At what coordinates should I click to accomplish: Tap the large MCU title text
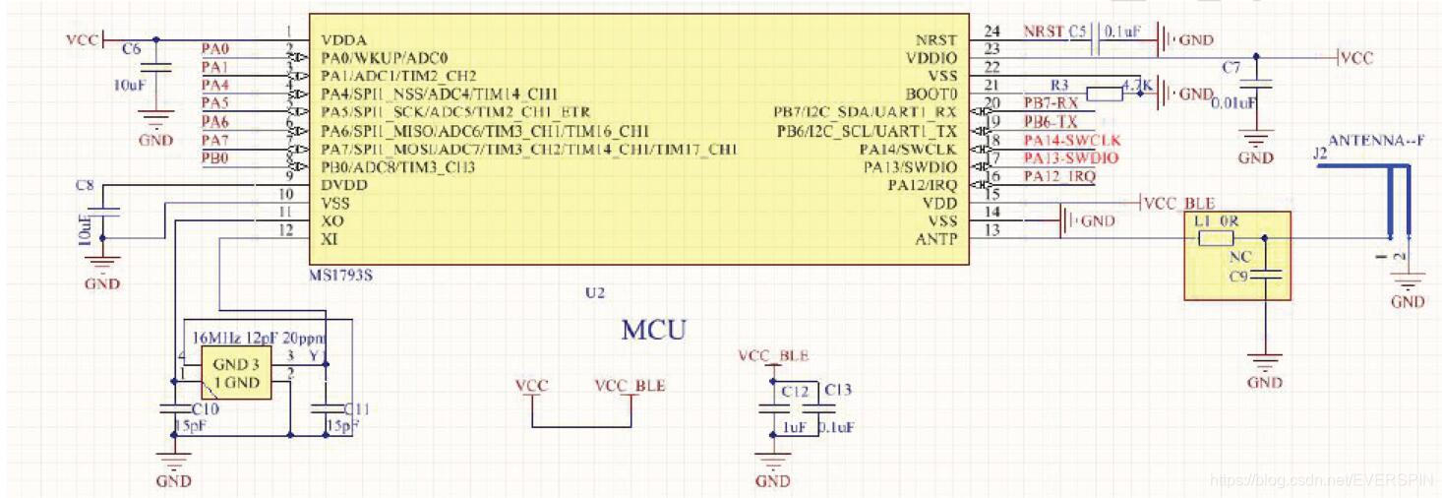tap(652, 329)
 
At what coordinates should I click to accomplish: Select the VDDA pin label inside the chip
tap(343, 40)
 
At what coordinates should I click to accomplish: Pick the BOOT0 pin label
tap(931, 94)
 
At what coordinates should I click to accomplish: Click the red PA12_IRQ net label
tap(1058, 175)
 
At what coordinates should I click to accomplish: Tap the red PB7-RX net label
tap(1051, 103)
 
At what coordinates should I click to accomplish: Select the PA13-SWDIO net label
tap(1070, 157)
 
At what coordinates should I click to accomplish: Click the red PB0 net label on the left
tap(215, 157)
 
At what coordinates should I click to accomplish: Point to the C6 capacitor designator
tap(131, 48)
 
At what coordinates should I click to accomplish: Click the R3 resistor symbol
tap(1106, 94)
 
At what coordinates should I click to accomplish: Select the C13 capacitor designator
tap(838, 390)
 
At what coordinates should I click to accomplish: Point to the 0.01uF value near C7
tap(1233, 103)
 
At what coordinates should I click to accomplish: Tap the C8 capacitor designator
tap(85, 185)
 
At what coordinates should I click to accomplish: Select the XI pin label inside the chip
tap(330, 239)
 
